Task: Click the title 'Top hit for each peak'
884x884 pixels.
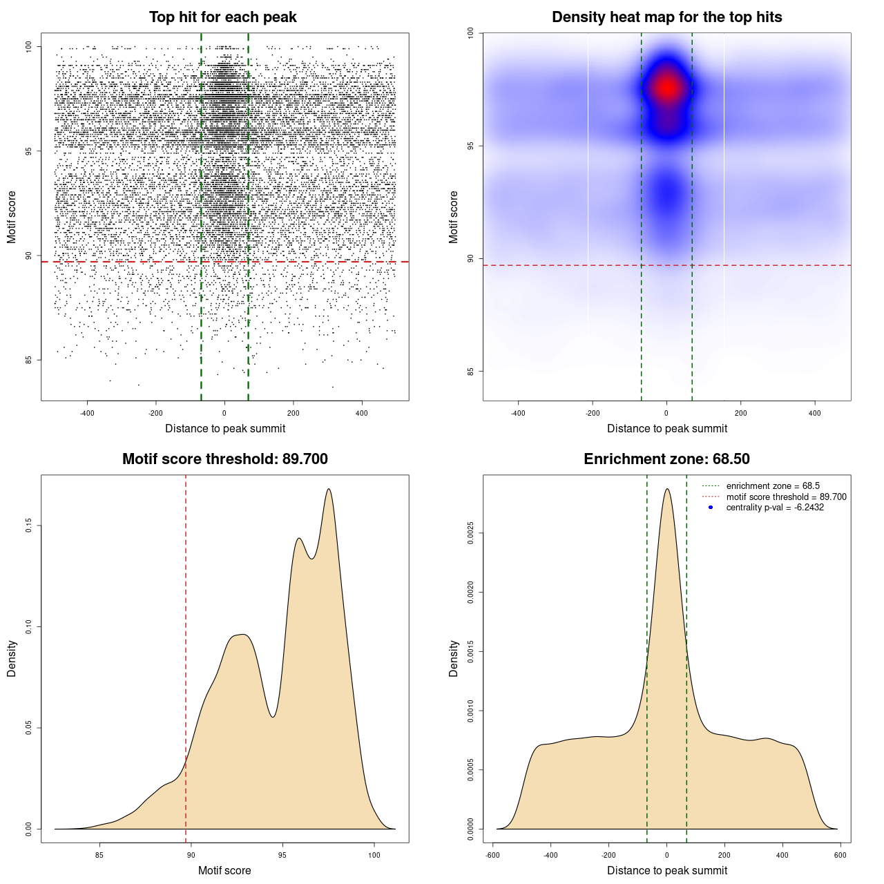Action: coord(222,17)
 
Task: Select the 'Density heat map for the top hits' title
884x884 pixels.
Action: coord(666,17)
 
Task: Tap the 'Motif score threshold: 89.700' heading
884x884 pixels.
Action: coord(224,459)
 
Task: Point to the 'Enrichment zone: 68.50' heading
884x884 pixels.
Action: coord(666,459)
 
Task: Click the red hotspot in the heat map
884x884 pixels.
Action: coord(667,88)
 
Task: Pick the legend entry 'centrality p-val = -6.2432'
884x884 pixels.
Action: coord(775,508)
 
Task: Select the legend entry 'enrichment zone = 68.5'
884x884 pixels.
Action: coord(773,486)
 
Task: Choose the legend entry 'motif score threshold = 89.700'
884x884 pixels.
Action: coord(786,497)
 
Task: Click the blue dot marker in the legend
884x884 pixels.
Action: coord(711,508)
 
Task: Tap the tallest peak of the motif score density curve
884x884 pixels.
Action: coord(329,489)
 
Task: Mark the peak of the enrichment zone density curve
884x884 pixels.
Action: coord(667,489)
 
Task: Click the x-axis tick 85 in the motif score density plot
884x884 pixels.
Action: coord(99,855)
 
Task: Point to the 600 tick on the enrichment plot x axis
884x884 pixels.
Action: coord(840,855)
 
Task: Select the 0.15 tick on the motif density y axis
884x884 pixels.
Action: coord(29,526)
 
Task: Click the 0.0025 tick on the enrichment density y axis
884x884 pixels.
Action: coord(471,533)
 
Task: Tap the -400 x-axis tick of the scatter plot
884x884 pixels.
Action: coord(87,413)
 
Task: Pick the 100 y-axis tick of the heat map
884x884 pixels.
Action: coord(471,32)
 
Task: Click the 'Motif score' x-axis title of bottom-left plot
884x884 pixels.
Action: coord(224,870)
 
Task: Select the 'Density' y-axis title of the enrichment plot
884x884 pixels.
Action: coord(454,658)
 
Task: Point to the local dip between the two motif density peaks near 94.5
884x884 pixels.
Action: coord(273,717)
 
